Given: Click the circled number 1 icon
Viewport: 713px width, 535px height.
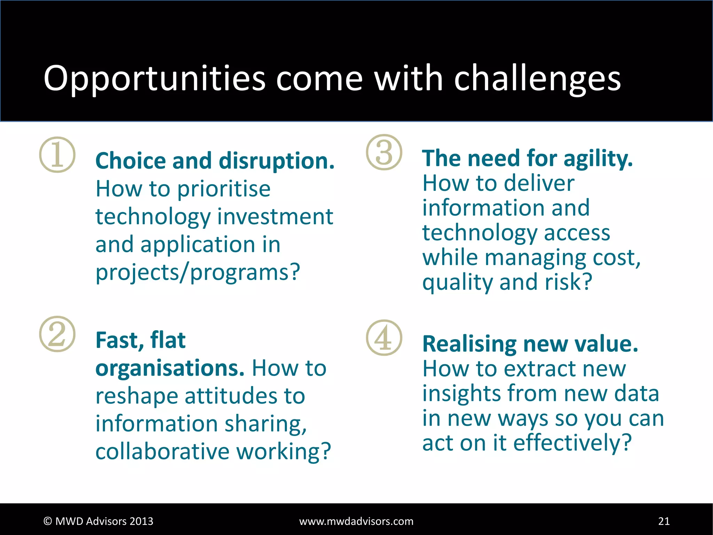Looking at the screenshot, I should click(x=57, y=155).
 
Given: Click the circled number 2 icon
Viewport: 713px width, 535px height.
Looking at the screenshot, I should click(x=57, y=334).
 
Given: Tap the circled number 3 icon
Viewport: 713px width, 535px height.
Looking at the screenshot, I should click(x=384, y=152).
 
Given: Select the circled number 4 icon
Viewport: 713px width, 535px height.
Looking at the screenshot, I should click(x=384, y=338).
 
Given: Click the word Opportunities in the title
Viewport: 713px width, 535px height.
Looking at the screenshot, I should click(x=154, y=79).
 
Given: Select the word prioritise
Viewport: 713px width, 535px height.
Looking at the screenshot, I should click(x=224, y=189).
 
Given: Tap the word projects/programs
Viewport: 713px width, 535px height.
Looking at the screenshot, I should click(x=197, y=272).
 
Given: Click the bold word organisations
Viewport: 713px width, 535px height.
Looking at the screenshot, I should click(x=170, y=368).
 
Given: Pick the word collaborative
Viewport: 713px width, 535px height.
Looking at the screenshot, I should click(x=162, y=451).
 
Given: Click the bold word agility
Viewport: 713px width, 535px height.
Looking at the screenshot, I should click(x=597, y=159).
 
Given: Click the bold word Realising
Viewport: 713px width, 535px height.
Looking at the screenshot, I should click(x=469, y=344).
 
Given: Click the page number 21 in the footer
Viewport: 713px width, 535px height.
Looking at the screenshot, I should click(x=664, y=521).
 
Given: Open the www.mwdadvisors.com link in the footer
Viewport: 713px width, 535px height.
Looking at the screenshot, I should click(x=356, y=521).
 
